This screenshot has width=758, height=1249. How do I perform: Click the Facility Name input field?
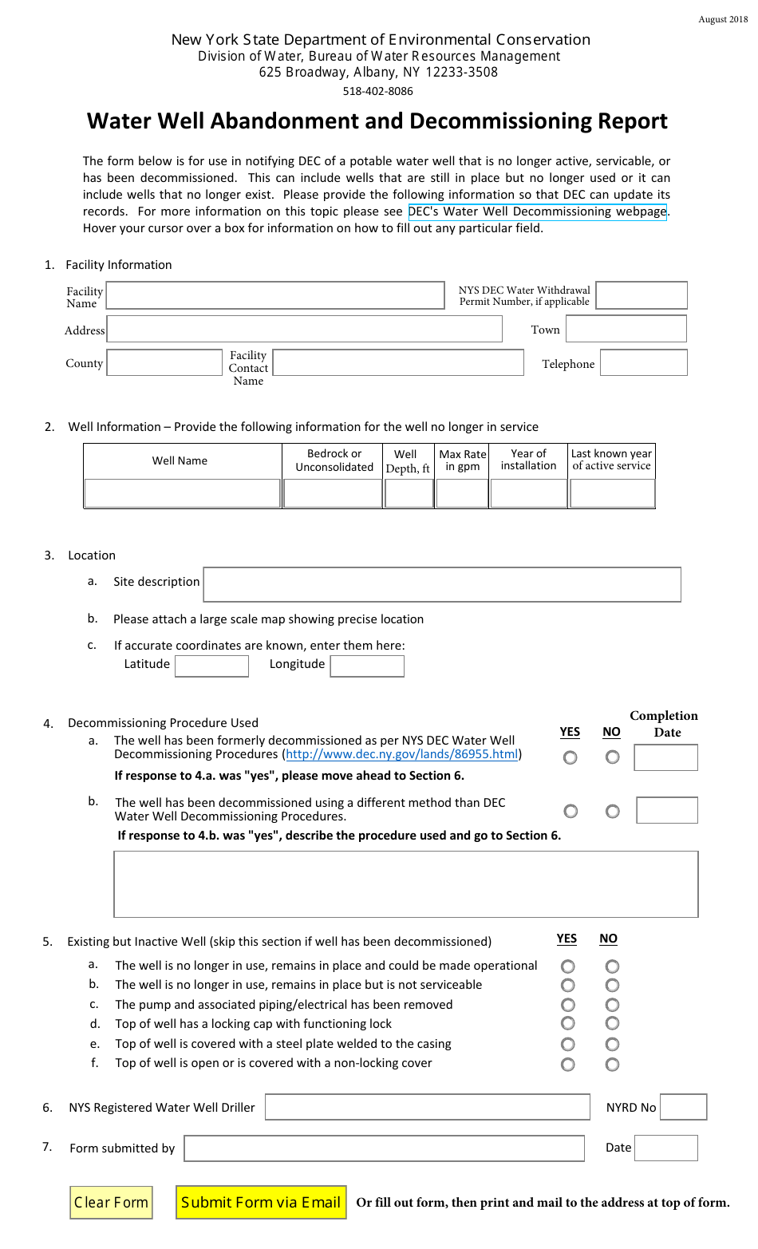click(x=275, y=295)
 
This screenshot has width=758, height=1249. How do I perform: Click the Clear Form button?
click(x=111, y=1203)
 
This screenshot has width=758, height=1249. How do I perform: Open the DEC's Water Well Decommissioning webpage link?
click(x=537, y=211)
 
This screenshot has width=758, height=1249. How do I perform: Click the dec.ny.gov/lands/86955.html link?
click(x=402, y=754)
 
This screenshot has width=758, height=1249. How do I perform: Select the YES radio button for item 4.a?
click(x=570, y=757)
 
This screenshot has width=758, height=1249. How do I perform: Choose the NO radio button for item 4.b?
click(x=612, y=812)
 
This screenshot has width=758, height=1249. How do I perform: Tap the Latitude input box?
click(x=211, y=666)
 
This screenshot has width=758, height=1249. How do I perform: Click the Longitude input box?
click(x=367, y=666)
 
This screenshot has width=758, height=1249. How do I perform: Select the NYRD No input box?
click(x=684, y=1107)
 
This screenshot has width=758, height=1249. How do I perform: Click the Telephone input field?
click(x=643, y=363)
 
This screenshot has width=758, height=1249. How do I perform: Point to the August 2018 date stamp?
click(x=723, y=19)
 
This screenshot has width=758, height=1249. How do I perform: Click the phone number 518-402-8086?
click(x=377, y=91)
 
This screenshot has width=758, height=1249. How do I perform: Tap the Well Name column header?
click(x=180, y=460)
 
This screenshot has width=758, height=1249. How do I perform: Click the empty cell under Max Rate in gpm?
click(x=462, y=494)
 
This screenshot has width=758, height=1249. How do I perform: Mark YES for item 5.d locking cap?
click(x=568, y=1024)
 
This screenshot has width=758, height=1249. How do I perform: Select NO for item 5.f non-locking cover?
click(x=612, y=1064)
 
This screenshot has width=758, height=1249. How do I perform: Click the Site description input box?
click(x=442, y=584)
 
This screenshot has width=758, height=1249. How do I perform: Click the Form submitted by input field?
click(x=384, y=1148)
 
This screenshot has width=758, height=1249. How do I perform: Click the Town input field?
click(x=626, y=329)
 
